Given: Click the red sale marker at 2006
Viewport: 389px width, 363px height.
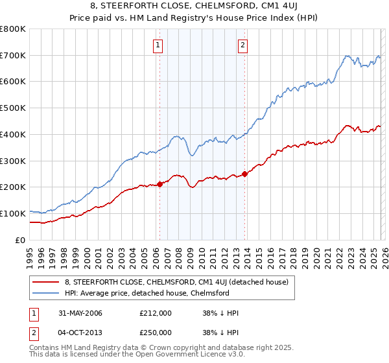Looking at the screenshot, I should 159,184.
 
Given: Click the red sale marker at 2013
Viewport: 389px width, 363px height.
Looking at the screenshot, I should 244,174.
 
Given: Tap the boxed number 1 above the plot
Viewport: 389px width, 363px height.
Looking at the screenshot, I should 159,45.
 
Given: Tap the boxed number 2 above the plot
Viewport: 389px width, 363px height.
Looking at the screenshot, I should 242,45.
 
